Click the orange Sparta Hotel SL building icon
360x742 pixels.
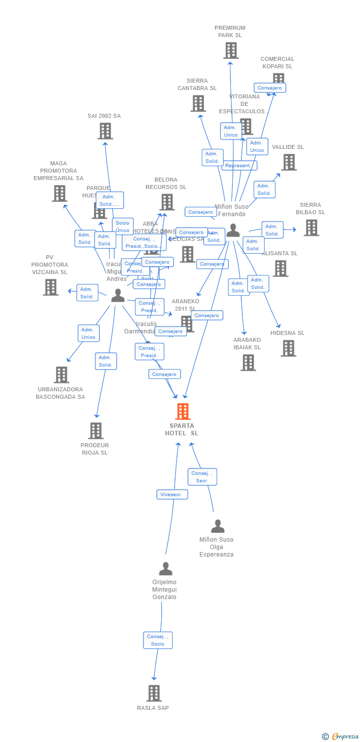point(183,411)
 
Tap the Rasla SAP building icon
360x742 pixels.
point(154,693)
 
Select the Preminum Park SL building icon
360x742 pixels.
point(231,50)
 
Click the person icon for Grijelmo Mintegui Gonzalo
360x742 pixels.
point(166,569)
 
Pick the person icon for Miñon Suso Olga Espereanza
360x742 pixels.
point(218,526)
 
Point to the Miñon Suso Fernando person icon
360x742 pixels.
point(233,231)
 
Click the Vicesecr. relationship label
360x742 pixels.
point(172,494)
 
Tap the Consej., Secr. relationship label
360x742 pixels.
point(202,477)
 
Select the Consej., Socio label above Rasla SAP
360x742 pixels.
point(158,640)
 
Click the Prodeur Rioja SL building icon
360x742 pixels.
point(96,431)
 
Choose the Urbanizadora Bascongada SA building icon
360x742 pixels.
point(61,375)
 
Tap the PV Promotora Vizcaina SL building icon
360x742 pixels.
point(50,287)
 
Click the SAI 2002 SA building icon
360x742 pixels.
point(105,131)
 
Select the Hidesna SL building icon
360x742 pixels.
point(288,348)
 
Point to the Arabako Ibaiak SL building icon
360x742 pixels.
point(248,363)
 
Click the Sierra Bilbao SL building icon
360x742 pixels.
point(311,228)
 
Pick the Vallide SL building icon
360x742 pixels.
point(289,162)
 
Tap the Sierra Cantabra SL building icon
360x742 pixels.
point(198,103)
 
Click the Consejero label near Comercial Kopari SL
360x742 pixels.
point(270,88)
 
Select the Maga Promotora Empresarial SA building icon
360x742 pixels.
point(59,193)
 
